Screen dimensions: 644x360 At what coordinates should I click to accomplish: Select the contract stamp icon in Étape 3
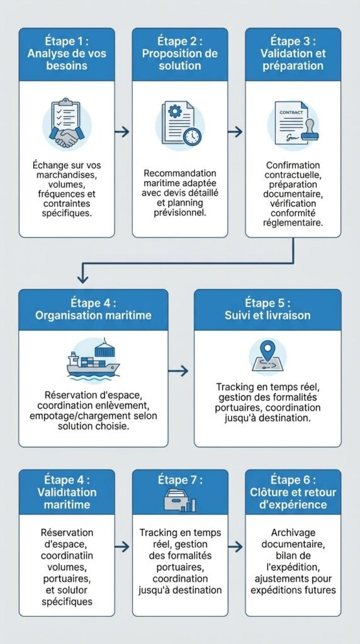pyautogui.click(x=293, y=123)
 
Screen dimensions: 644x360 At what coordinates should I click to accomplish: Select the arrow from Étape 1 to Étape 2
pyautogui.click(x=123, y=131)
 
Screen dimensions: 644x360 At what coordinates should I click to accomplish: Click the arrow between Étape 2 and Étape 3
pyautogui.click(x=235, y=131)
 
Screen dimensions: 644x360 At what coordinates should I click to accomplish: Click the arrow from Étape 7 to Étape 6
pyautogui.click(x=235, y=547)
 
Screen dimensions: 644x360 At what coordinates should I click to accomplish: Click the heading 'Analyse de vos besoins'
pyautogui.click(x=66, y=60)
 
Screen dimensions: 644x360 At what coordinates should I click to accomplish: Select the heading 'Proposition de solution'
pyautogui.click(x=179, y=60)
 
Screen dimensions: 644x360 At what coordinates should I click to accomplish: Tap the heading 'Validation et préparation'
pyautogui.click(x=293, y=60)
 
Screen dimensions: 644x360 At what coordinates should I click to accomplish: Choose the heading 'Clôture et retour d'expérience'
pyautogui.click(x=293, y=498)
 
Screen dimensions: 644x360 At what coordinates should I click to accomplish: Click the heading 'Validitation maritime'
pyautogui.click(x=66, y=499)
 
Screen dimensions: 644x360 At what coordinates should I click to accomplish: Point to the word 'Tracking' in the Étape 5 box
pyautogui.click(x=236, y=387)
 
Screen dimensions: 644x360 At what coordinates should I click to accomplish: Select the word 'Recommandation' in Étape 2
pyautogui.click(x=180, y=173)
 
